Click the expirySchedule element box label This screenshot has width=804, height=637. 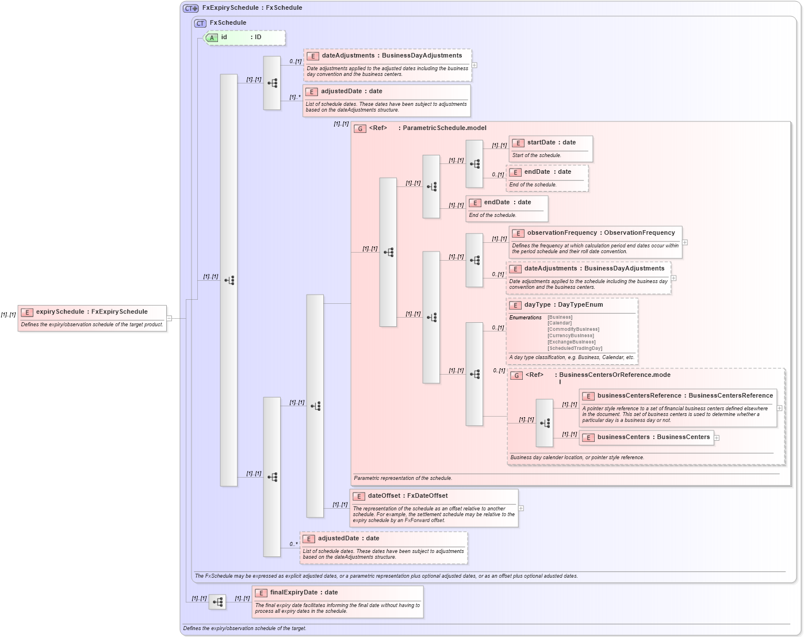91,312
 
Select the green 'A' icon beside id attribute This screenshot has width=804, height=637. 212,37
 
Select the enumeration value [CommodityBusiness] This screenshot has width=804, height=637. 573,329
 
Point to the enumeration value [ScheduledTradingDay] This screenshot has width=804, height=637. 575,348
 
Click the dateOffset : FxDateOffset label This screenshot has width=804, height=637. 407,496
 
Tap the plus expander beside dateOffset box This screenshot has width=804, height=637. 521,508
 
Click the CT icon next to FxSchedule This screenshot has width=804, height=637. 200,23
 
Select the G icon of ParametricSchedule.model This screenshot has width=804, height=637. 360,128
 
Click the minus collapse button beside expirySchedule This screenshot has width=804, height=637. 169,318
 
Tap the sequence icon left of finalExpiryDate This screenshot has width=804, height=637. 217,602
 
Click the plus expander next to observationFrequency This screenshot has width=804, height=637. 685,242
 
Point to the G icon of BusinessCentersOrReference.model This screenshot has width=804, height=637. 516,375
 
